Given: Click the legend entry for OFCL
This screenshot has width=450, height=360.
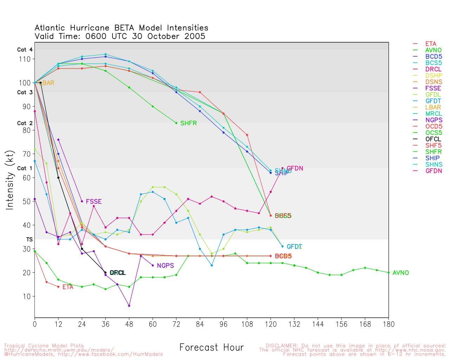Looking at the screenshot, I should tap(433, 139).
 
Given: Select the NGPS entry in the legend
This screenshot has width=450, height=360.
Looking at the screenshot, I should tap(433, 120).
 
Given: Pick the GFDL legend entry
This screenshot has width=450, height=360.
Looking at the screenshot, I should tap(433, 95).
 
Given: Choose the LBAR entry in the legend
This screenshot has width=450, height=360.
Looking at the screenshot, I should tap(433, 108).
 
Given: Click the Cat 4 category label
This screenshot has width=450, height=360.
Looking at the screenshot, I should tap(25, 50).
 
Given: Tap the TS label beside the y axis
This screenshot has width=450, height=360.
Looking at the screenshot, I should tap(30, 239).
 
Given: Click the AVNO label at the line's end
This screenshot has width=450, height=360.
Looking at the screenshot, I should tap(401, 273).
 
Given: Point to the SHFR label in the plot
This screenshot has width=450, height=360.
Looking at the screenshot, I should tap(188, 123).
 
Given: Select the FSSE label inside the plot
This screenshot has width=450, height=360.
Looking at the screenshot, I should tap(94, 202).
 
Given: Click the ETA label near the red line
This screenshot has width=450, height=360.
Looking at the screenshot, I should tap(68, 287).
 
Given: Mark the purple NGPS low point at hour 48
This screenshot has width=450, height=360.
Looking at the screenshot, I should tap(129, 306).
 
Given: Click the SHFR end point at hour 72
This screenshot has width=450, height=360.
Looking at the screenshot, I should tap(176, 123).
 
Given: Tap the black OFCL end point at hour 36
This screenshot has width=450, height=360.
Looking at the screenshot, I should tap(105, 272).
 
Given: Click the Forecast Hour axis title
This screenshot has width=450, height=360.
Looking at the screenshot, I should tap(211, 348).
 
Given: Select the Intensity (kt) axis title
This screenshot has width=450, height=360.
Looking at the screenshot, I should tap(10, 180).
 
